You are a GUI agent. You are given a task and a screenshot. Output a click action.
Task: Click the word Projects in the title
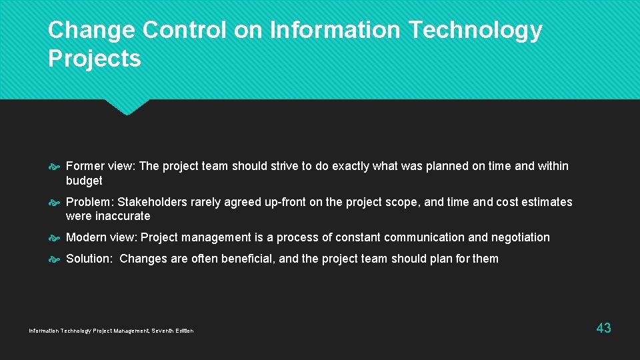coord(95,59)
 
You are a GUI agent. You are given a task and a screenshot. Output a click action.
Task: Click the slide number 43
coord(603,327)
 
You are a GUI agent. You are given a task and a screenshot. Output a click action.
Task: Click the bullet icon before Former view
coord(55,167)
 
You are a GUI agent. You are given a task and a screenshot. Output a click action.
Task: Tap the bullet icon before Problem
coord(55,202)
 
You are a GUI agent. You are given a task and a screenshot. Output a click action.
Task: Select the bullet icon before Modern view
coord(55,238)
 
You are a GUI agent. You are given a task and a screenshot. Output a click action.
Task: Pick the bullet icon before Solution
coord(55,259)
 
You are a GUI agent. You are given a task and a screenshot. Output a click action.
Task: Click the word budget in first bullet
coord(84,181)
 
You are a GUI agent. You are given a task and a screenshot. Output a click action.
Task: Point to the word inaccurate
coord(123,216)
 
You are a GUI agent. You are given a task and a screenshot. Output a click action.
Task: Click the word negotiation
coord(520,237)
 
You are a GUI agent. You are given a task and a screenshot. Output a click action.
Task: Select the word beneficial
coord(244,259)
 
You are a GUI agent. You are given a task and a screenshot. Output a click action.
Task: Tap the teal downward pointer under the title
coord(127,107)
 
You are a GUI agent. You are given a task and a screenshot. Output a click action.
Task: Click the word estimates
coord(547,202)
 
